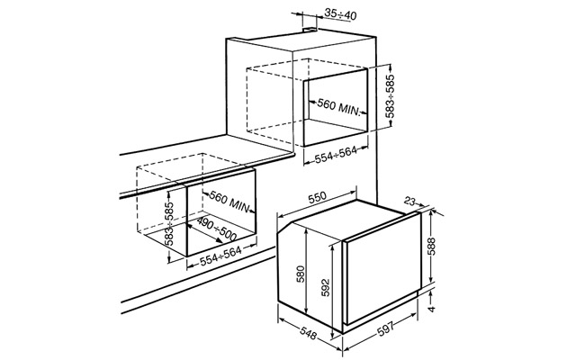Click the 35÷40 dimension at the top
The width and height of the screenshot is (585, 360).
[340, 14]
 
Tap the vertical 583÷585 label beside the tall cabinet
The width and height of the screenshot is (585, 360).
[390, 96]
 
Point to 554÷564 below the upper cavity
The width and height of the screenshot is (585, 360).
[336, 155]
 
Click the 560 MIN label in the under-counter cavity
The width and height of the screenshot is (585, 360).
[229, 201]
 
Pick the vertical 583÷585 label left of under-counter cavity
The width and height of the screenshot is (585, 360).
[170, 223]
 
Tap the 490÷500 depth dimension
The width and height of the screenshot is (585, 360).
[216, 229]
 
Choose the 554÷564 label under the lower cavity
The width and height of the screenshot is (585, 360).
[220, 256]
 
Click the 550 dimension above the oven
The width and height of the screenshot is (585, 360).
[317, 196]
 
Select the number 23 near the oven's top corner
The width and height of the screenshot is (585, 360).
[409, 202]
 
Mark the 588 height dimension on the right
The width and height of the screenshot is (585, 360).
[431, 247]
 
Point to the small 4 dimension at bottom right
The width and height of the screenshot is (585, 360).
[432, 309]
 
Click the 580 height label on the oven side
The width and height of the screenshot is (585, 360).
[301, 274]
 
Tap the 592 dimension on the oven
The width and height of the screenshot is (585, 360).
[326, 287]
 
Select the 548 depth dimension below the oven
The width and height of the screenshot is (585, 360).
[309, 332]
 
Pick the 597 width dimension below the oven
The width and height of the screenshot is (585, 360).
[386, 330]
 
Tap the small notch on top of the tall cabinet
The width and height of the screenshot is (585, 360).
[310, 29]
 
